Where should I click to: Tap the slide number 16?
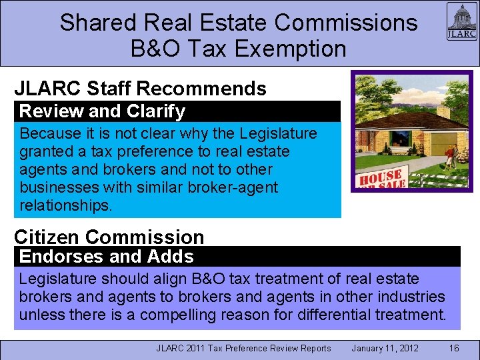pyautogui.click(x=454, y=348)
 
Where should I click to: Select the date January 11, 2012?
pyautogui.click(x=385, y=348)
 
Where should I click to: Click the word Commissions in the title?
pyautogui.click(x=345, y=23)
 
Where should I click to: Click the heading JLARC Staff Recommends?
pyautogui.click(x=140, y=89)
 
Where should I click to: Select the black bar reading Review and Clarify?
pyautogui.click(x=177, y=111)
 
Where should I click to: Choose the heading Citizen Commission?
pyautogui.click(x=109, y=237)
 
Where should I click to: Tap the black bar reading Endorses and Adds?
pyautogui.click(x=237, y=257)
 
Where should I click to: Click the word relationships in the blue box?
pyautogui.click(x=66, y=205)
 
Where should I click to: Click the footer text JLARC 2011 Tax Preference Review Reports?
pyautogui.click(x=243, y=348)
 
